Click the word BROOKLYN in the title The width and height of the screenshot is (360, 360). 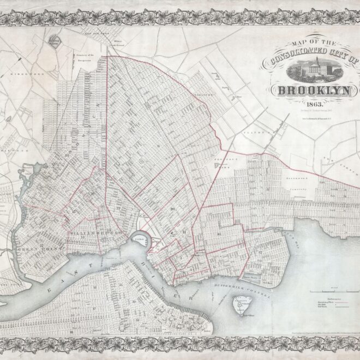[316, 91]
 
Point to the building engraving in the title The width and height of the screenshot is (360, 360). [314, 70]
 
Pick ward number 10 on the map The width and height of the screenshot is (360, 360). [218, 235]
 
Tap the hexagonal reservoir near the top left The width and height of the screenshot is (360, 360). [53, 41]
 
